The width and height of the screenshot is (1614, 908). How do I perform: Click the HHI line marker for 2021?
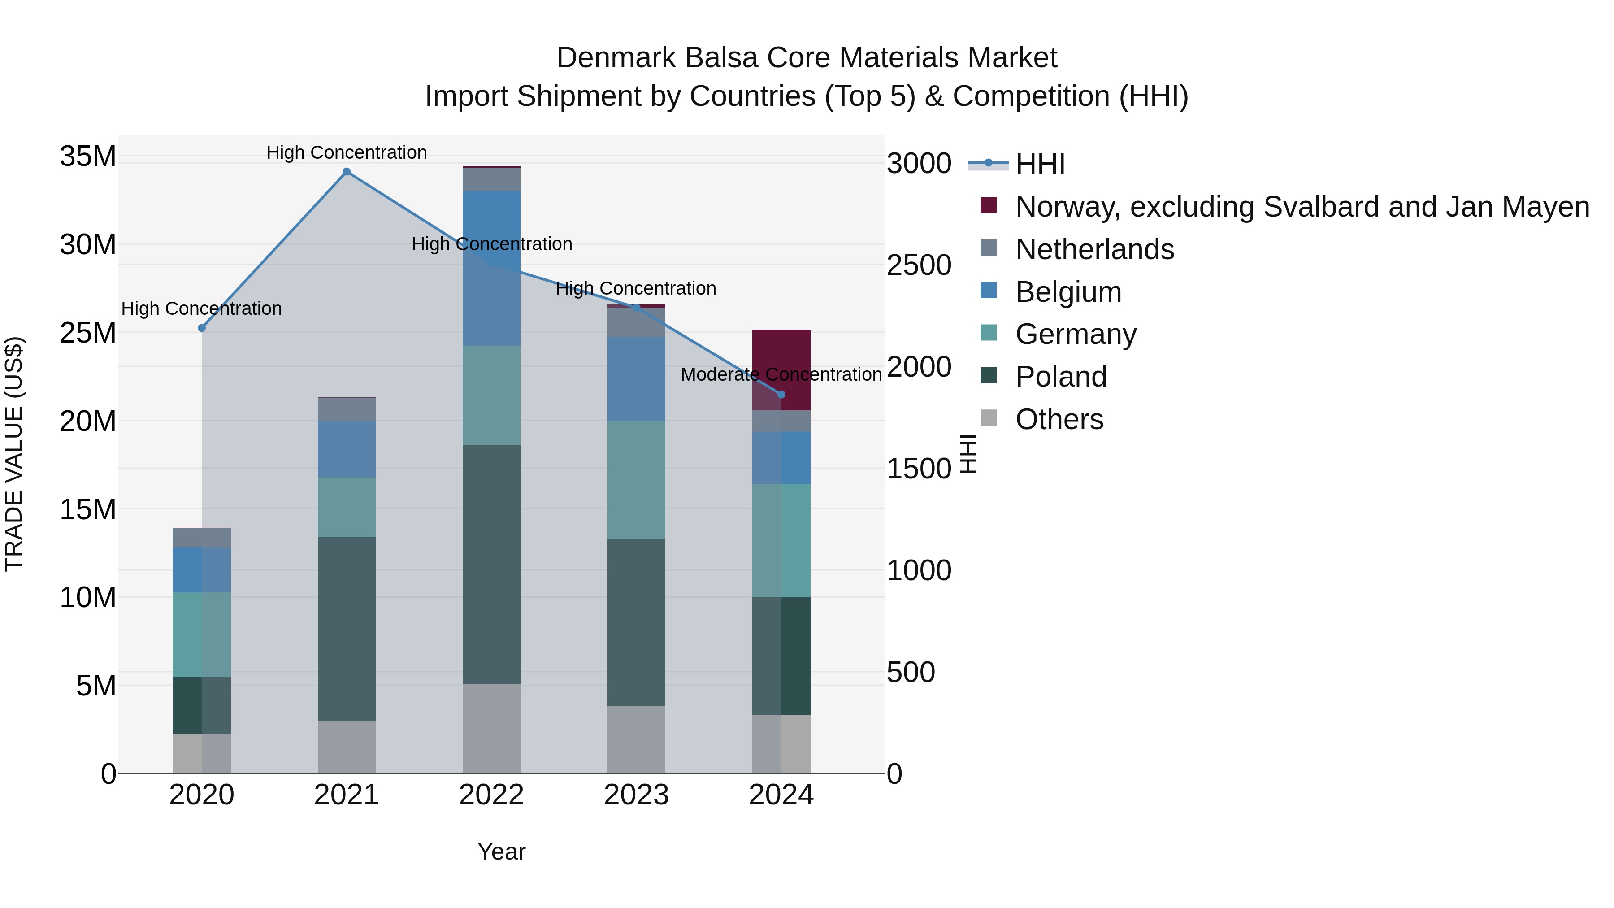347,172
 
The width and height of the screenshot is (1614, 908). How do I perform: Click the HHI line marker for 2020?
202,328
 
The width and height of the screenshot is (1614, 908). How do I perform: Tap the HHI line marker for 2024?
781,394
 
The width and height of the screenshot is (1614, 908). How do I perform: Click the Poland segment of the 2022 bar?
491,564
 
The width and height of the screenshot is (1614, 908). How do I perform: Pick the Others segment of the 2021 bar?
347,747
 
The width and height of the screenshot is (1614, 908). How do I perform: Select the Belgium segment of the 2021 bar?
347,449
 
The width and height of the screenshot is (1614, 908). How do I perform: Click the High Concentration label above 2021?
347,153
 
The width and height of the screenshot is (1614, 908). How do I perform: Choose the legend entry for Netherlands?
1094,249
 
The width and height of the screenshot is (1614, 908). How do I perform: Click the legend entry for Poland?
1061,377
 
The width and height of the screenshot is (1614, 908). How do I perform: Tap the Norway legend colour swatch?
988,205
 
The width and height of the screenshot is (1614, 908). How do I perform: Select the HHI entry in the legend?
1040,164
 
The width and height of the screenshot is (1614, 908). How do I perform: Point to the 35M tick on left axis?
88,156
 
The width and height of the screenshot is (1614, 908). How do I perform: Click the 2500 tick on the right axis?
919,265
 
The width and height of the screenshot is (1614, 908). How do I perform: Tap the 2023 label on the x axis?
636,795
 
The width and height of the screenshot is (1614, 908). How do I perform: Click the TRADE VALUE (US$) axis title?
14,454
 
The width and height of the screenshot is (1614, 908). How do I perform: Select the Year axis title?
501,852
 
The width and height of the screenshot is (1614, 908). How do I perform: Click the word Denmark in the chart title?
615,58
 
